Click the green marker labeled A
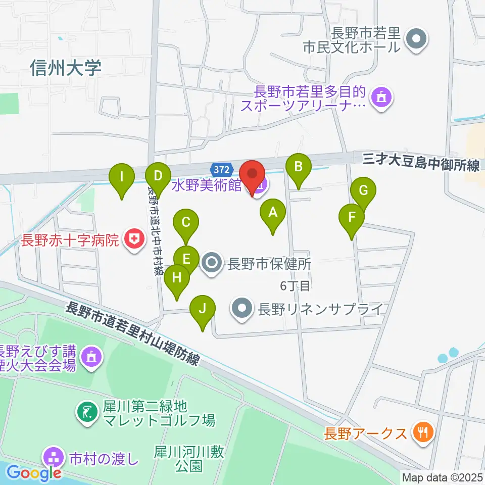pos(273,212)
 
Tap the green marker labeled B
pos(298,166)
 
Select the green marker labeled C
pos(186,222)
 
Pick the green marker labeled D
pos(158,176)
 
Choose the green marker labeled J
pos(203,308)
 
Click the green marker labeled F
pos(352,217)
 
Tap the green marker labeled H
pos(176,277)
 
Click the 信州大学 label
pos(66,68)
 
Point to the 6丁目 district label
pos(295,286)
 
